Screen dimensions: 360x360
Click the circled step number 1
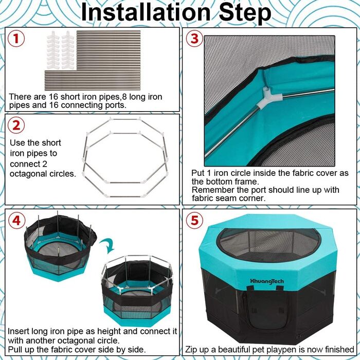click(x=16, y=39)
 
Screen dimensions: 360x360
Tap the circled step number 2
click(x=16, y=125)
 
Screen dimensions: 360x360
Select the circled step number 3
click(x=194, y=39)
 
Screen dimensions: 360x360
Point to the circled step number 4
click(x=16, y=220)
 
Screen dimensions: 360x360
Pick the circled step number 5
click(x=194, y=220)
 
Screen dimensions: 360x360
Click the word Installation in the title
click(x=146, y=13)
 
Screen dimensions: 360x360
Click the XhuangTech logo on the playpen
click(x=267, y=281)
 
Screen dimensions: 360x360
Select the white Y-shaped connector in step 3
click(x=268, y=98)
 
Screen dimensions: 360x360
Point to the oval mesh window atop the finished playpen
click(x=268, y=245)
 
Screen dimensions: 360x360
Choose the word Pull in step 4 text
click(x=14, y=349)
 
